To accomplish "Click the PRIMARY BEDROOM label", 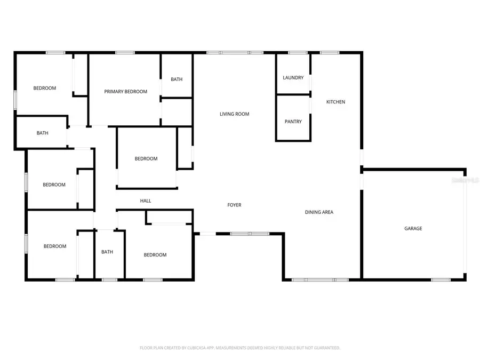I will (125, 92).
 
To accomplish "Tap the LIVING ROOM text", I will (234, 114).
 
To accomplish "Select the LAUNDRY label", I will (293, 78).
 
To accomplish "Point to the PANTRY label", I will (293, 122).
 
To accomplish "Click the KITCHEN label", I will (336, 102).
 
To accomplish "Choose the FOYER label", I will (234, 205).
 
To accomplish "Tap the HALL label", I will (146, 201).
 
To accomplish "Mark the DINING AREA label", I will (319, 212).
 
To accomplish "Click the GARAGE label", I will (413, 228).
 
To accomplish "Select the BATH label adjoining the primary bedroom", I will (177, 79).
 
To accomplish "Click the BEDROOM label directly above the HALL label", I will (146, 158).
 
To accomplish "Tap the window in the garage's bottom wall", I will (441, 279).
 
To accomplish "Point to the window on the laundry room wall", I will (298, 52).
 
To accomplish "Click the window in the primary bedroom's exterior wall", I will (125, 52).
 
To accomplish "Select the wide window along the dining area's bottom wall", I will (320, 279).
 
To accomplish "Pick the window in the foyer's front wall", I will (250, 234).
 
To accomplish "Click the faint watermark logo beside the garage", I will (465, 181).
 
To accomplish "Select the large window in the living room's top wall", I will (235, 52).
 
